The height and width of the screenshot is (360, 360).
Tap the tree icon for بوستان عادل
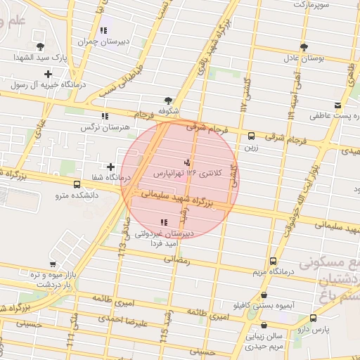pos(304,47)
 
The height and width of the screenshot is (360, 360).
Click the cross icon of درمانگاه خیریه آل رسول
pos(48,73)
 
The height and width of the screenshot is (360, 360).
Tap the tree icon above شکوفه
pos(167,101)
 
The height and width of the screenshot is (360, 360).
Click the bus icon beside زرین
pos(251,136)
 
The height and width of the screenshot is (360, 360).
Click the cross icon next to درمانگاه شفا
pos(110,167)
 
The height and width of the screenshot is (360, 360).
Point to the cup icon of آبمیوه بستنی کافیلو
pos(264,296)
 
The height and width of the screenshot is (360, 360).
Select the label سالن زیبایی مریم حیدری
pos(264,341)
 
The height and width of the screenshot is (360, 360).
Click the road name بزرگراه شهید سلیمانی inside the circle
pos(185,198)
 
